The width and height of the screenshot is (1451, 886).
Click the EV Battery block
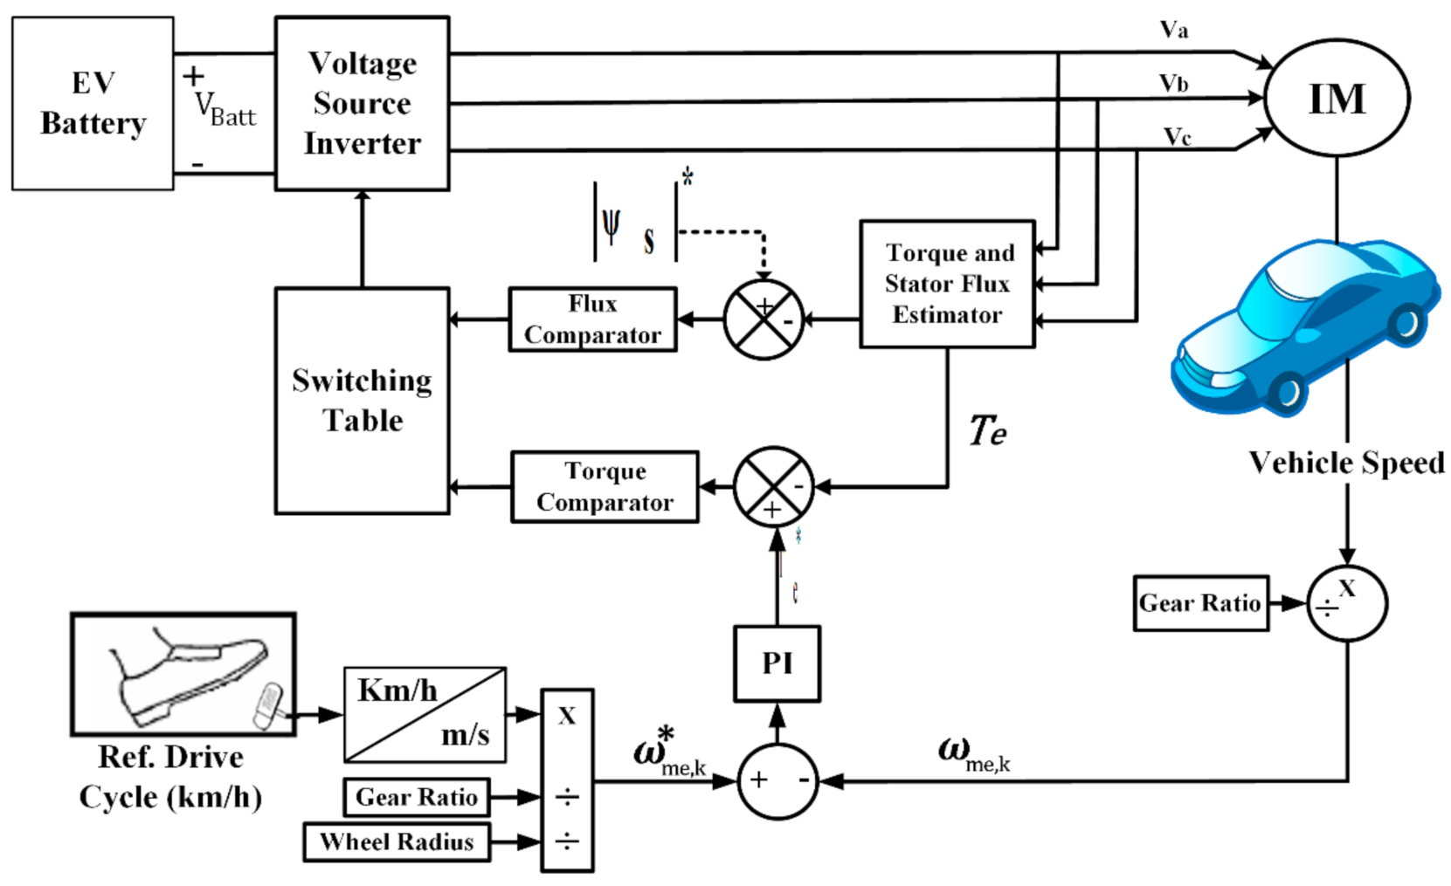tap(93, 103)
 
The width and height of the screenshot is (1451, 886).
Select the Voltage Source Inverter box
tap(362, 103)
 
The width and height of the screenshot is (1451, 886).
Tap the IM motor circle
tap(1336, 98)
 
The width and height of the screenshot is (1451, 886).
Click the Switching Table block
tap(362, 401)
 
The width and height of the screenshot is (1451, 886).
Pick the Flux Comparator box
tap(592, 319)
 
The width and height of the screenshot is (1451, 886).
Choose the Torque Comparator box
tap(605, 487)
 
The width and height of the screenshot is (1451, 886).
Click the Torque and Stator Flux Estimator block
tap(947, 284)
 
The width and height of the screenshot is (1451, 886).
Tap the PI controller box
tap(777, 663)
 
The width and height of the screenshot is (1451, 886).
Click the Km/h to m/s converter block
tap(425, 715)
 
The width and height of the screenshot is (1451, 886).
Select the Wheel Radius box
tap(397, 842)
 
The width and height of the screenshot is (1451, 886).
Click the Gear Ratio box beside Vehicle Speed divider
tap(1200, 603)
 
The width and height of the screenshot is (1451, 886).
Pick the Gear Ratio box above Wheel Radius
tap(416, 797)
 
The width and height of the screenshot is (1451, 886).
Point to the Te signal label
tap(987, 431)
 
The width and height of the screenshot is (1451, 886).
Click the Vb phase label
tap(1173, 84)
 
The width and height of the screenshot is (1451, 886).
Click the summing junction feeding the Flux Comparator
tap(764, 319)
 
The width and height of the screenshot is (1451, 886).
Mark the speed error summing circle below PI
tap(777, 780)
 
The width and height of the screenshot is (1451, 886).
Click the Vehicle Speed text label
tap(1346, 463)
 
